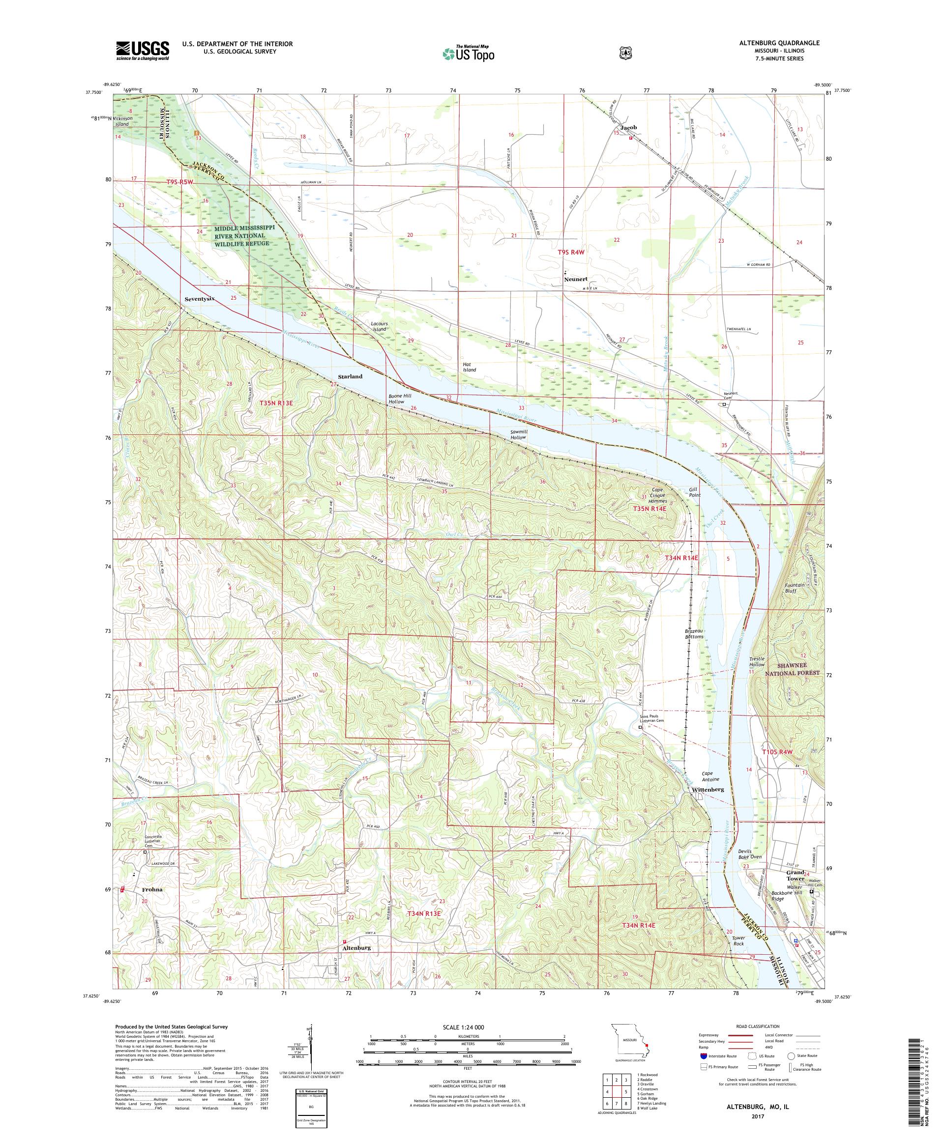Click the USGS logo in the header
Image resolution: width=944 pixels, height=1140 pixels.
(x=142, y=51)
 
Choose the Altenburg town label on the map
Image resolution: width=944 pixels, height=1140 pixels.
(x=357, y=947)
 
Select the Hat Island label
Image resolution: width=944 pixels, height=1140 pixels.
(x=469, y=367)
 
